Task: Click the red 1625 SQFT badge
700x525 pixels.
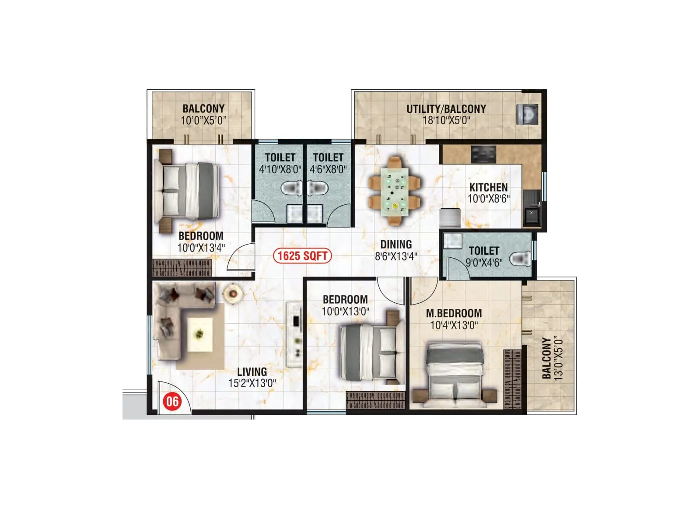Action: point(302,255)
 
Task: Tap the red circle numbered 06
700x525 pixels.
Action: point(172,401)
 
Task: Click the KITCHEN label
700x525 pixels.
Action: point(488,187)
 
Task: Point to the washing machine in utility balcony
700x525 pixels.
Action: point(527,114)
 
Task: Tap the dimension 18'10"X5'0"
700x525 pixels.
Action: point(446,120)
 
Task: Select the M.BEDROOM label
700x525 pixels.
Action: point(454,313)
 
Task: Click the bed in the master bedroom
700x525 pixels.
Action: point(455,372)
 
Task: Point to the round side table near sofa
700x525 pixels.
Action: point(233,294)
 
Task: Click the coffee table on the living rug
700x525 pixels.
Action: point(200,334)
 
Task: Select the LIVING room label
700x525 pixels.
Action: point(252,372)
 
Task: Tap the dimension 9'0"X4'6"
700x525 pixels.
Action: point(484,262)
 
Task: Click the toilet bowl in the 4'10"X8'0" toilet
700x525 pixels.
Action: point(290,189)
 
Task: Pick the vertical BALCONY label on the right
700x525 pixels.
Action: point(546,358)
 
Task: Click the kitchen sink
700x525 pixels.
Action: point(532,215)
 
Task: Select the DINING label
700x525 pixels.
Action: point(396,245)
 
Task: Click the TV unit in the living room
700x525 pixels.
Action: point(294,334)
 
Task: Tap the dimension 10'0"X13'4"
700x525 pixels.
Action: point(201,248)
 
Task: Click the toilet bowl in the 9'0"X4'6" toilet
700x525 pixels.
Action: point(521,259)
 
